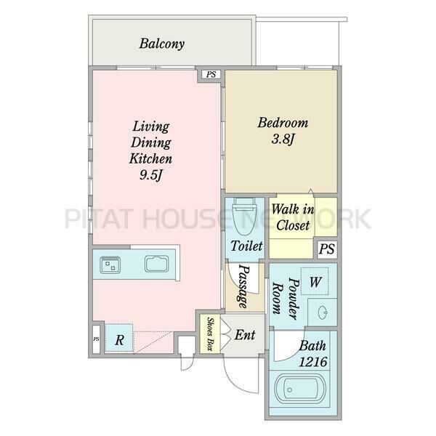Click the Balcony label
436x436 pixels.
click(161, 44)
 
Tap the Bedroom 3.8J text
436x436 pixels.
click(283, 131)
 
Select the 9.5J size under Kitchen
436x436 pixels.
click(150, 175)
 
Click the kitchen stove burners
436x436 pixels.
click(110, 265)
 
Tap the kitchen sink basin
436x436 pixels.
click(156, 264)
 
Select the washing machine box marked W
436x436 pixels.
click(315, 281)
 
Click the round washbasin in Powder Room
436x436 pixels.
click(323, 312)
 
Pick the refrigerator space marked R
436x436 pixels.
click(119, 338)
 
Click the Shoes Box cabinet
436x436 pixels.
click(211, 334)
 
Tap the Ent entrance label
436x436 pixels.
click(245, 335)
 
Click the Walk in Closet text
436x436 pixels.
click(293, 217)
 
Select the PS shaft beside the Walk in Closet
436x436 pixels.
click(327, 249)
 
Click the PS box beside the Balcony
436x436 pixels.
click(211, 75)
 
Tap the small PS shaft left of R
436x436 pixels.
click(96, 339)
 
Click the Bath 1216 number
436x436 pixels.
click(313, 362)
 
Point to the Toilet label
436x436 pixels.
click(246, 246)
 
